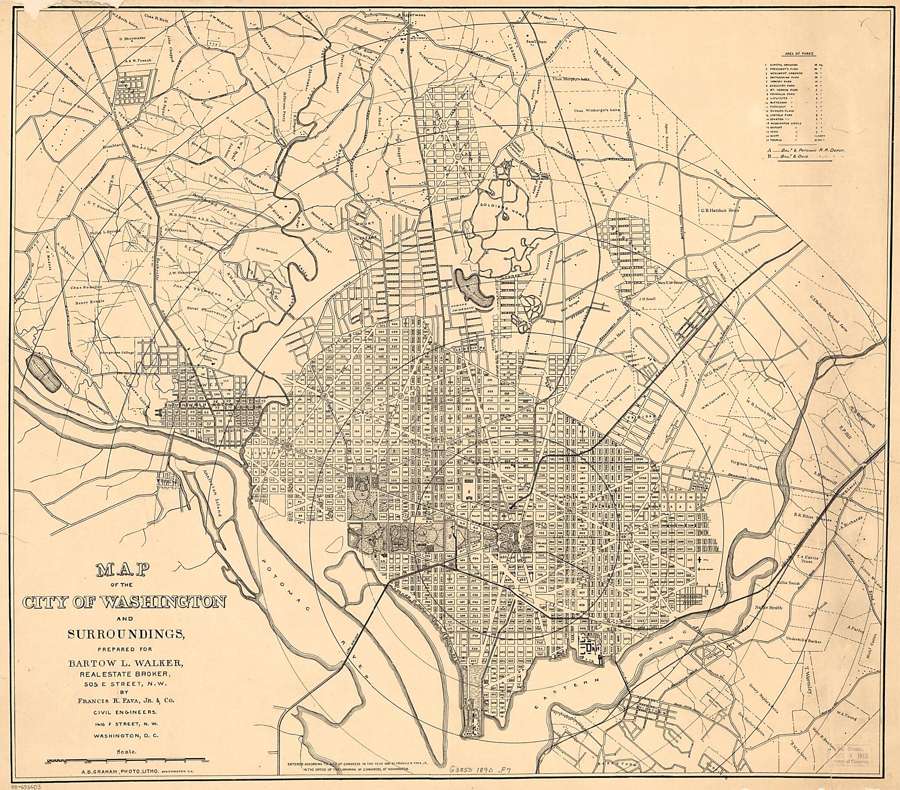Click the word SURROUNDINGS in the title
(x=125, y=634)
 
